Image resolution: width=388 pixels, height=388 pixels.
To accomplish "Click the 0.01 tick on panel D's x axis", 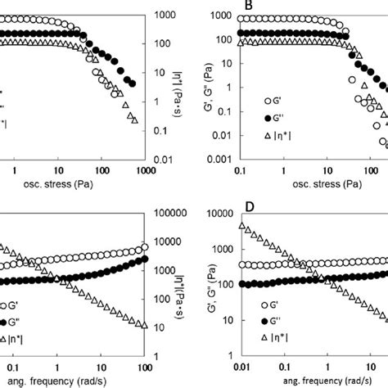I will tap(239, 369).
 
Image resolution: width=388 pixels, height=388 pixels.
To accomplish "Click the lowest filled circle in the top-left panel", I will tap(134, 83).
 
